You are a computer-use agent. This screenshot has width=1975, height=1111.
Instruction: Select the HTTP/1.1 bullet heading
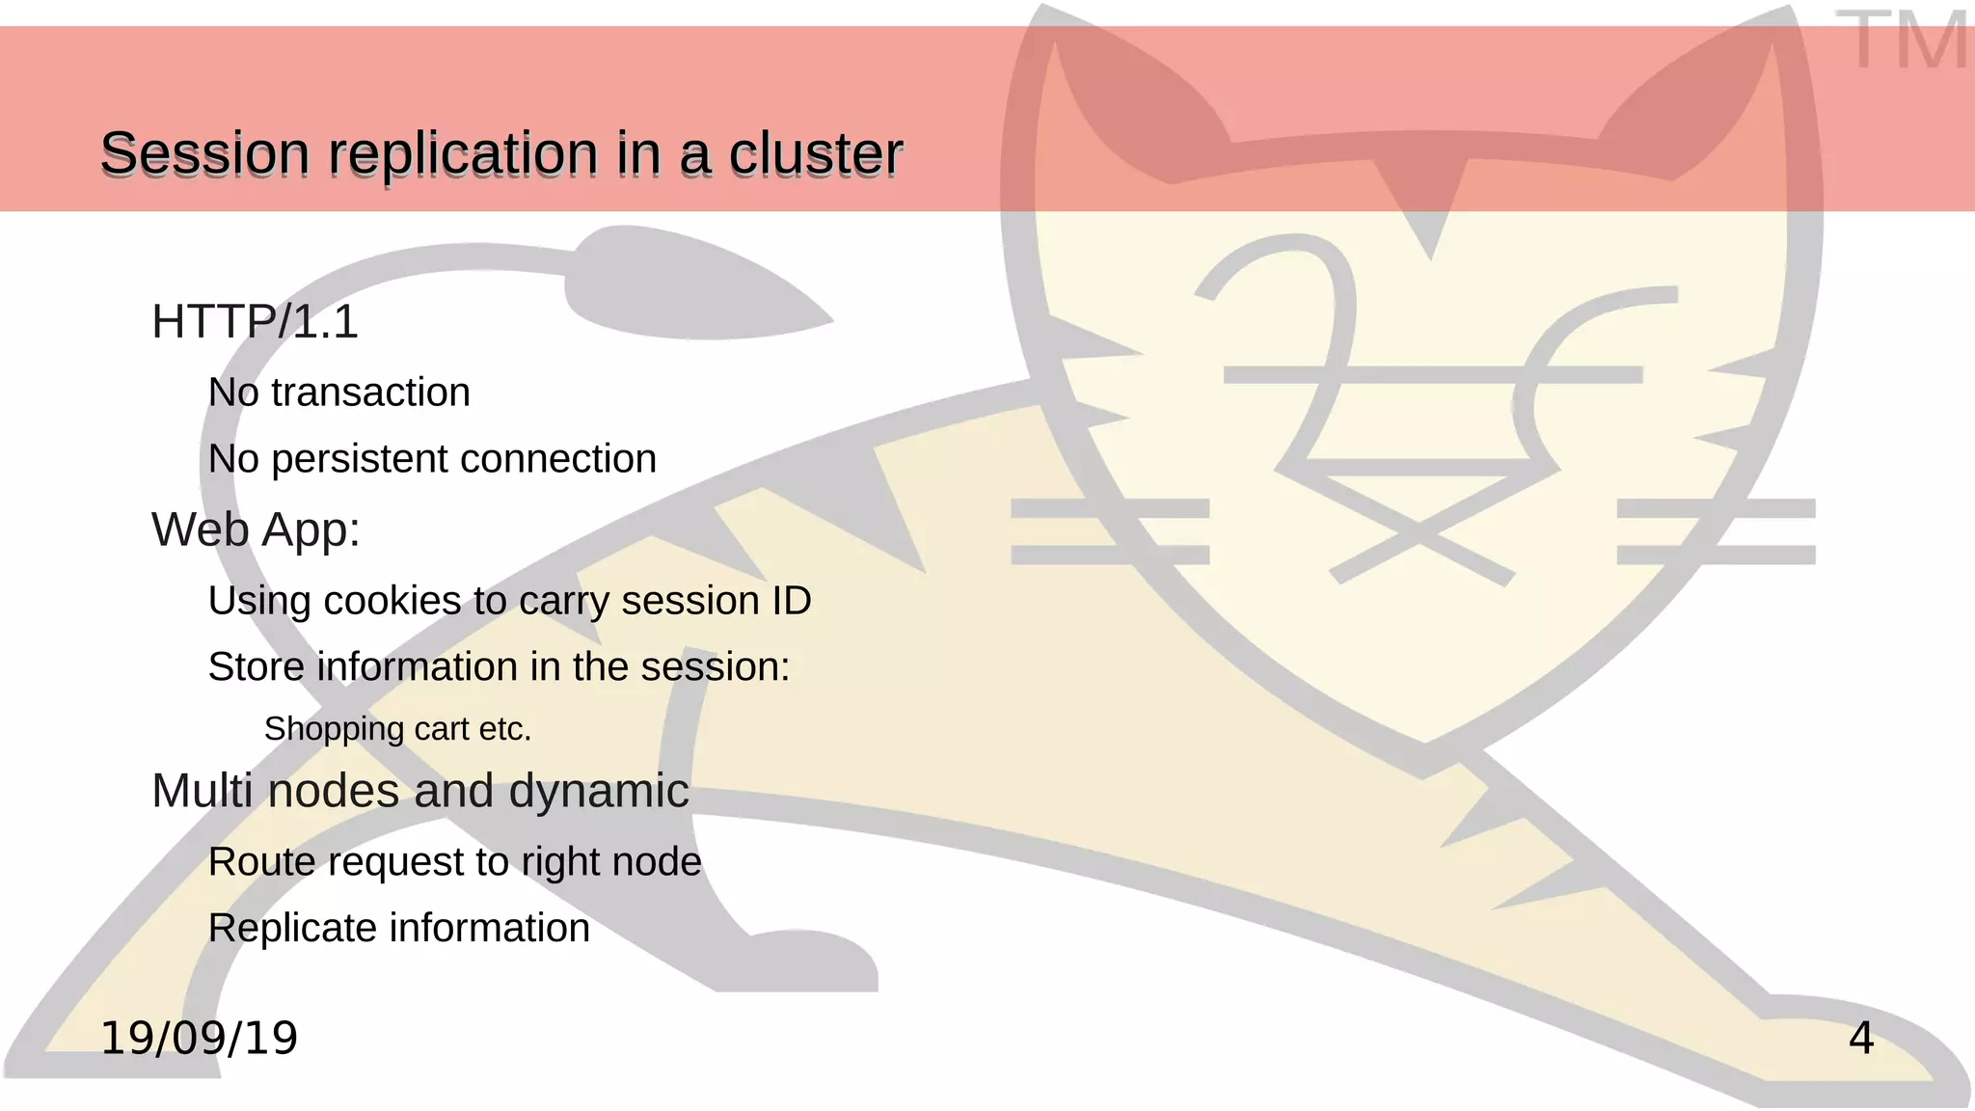point(255,322)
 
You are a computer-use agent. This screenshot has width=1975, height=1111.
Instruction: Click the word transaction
point(370,393)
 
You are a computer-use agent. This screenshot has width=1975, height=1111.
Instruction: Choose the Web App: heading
point(256,530)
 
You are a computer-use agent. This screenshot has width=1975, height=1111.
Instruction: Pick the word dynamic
point(598,792)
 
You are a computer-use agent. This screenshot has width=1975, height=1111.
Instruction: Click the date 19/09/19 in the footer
point(200,1039)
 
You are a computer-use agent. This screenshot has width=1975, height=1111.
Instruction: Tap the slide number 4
point(1861,1039)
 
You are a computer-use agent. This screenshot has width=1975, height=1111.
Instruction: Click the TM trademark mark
point(1902,41)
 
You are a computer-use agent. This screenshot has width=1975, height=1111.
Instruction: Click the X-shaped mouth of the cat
point(1420,530)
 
